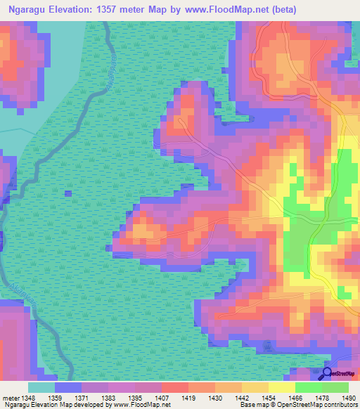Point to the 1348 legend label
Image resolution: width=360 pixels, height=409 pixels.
click(28, 398)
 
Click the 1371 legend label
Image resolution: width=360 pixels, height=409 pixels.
click(82, 398)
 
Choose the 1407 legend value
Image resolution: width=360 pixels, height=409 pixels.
click(162, 398)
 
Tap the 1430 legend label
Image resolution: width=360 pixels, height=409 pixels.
click(215, 398)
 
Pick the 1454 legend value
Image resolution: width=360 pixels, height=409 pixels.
click(268, 398)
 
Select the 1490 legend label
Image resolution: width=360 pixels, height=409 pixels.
click(349, 398)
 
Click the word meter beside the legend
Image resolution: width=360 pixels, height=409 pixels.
click(10, 398)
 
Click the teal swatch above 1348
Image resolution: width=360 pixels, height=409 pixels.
click(41, 387)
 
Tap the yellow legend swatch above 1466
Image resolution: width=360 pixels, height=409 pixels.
click(282, 387)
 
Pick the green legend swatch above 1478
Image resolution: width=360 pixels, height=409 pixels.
click(309, 387)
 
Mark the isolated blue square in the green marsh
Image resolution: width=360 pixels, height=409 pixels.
click(67, 193)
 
